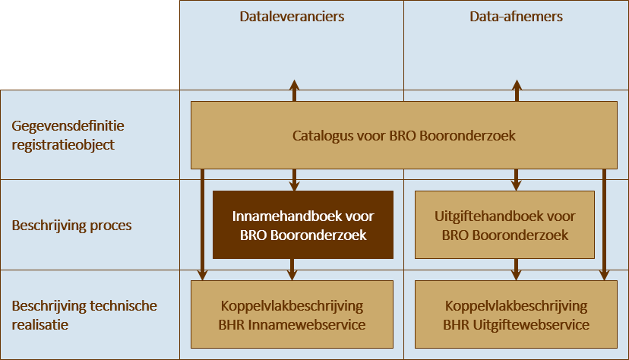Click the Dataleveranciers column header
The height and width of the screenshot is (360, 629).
tap(292, 16)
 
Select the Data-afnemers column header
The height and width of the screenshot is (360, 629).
tap(517, 16)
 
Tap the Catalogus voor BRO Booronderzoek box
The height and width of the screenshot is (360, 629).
tap(403, 136)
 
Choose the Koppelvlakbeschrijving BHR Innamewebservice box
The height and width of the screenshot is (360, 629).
tap(292, 315)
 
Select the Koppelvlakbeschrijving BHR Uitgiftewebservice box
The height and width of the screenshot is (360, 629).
tap(516, 315)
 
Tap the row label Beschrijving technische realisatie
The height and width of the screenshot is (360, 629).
tap(84, 314)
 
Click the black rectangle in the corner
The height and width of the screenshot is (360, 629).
tap(90, 45)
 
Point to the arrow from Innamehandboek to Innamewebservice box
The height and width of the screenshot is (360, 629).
tap(294, 270)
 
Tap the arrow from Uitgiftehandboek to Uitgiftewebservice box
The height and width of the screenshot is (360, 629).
tap(517, 270)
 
